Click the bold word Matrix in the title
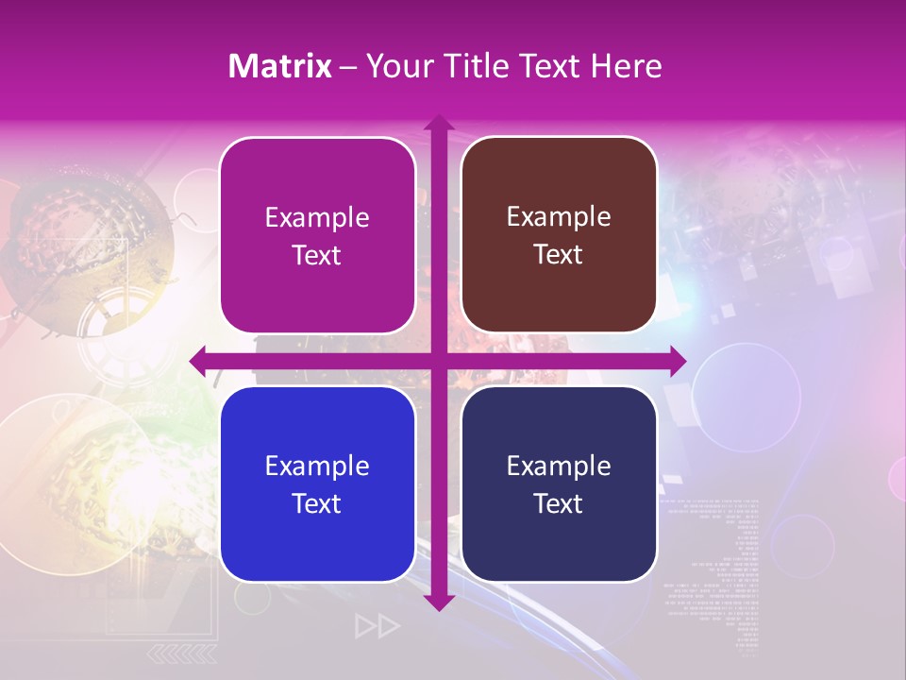[x=280, y=66]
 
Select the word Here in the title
[x=626, y=66]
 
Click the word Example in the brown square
[x=559, y=217]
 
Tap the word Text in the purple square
[x=317, y=256]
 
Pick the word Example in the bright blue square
[x=317, y=466]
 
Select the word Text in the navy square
[x=559, y=504]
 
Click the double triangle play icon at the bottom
[x=377, y=626]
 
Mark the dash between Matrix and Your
[x=348, y=67]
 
